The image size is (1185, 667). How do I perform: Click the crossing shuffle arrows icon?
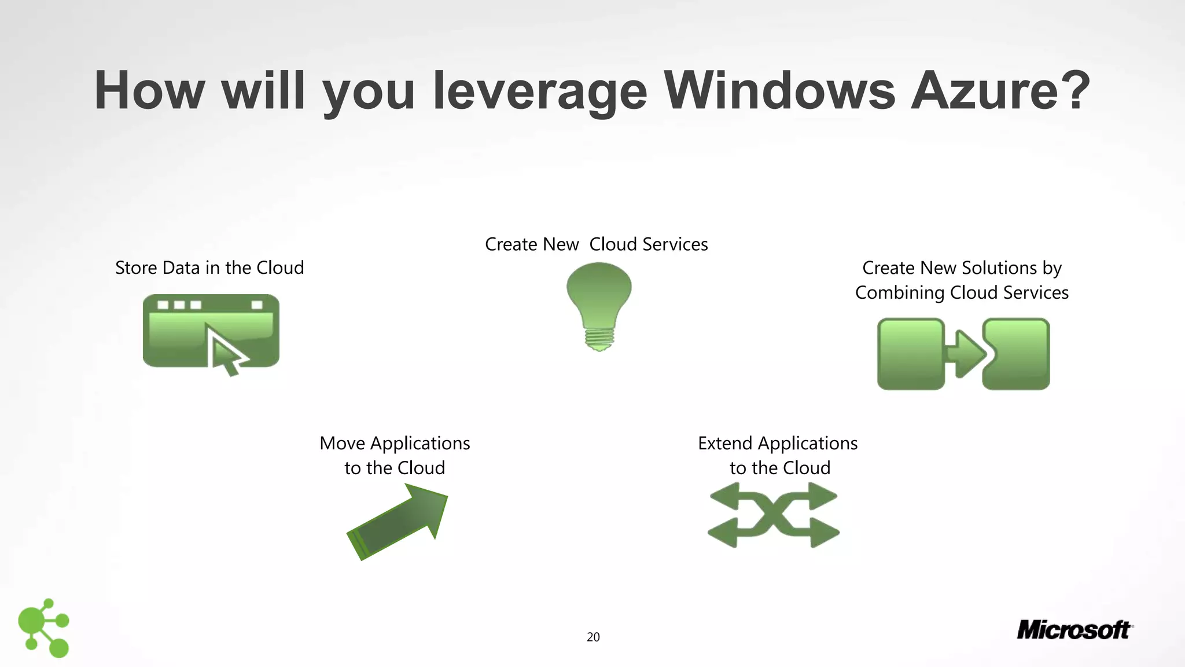[x=774, y=515]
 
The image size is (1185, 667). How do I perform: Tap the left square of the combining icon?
[x=911, y=354]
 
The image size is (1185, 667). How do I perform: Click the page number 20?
[x=593, y=637]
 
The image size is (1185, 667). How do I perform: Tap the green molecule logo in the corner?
[x=44, y=628]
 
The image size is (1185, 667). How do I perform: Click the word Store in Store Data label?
[x=136, y=268]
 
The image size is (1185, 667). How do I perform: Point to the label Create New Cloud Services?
[x=596, y=244]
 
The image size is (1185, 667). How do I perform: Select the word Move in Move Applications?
[x=342, y=444]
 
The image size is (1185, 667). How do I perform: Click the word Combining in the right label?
[x=900, y=293]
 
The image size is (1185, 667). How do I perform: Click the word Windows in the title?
[x=779, y=91]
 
